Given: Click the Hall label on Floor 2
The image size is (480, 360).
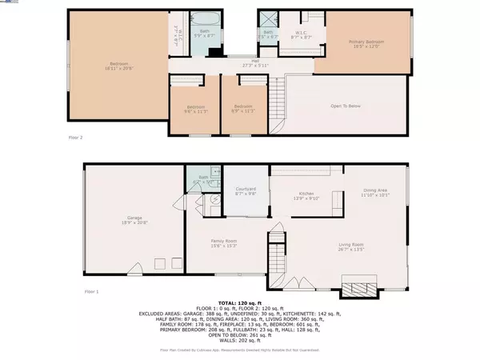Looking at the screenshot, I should (254, 63).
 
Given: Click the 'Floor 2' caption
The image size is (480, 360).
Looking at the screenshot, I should (77, 138).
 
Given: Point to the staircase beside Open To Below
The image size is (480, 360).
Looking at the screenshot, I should (278, 105).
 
